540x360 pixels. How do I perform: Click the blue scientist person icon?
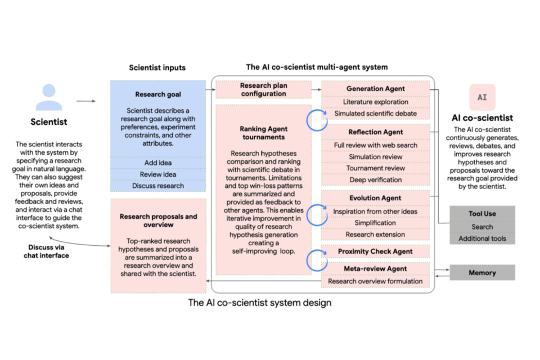click(x=49, y=97)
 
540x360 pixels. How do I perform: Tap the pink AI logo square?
click(x=482, y=97)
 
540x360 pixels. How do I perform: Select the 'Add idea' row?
click(x=158, y=163)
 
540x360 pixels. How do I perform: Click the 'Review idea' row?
click(x=158, y=174)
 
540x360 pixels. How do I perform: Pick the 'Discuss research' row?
click(x=158, y=186)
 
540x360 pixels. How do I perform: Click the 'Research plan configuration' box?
click(x=263, y=89)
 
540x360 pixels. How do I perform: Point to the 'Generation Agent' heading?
click(x=375, y=88)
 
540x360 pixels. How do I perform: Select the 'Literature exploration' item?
click(x=375, y=102)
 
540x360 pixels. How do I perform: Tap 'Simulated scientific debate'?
click(x=375, y=114)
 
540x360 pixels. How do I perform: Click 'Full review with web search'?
click(x=375, y=145)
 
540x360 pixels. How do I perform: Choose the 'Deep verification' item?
click(x=375, y=180)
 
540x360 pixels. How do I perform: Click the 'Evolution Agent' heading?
click(x=375, y=198)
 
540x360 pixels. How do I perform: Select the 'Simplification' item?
click(x=375, y=223)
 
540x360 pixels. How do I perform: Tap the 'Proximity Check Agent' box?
click(x=375, y=251)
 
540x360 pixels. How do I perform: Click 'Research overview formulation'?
click(x=375, y=281)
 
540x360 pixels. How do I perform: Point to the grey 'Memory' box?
click(x=482, y=273)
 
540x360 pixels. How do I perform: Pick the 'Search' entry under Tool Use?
click(x=482, y=227)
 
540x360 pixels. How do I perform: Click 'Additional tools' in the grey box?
click(x=482, y=238)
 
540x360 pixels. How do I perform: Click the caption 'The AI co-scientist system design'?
click(x=259, y=303)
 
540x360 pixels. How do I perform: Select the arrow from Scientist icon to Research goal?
click(x=86, y=101)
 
